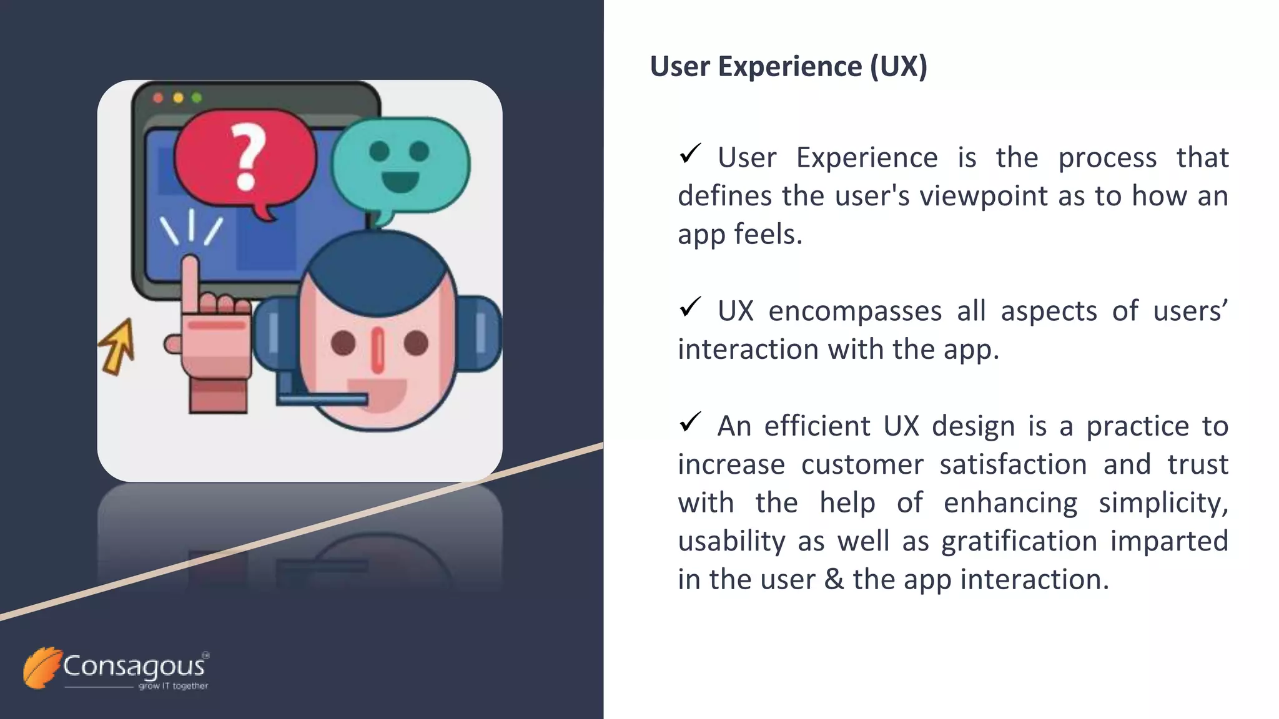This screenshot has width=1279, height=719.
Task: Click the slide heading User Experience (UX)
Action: coord(788,67)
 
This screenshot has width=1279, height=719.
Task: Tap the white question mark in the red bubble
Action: coord(248,156)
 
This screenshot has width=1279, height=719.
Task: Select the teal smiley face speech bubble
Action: coord(400,165)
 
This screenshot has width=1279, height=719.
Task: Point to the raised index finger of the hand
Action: coord(190,281)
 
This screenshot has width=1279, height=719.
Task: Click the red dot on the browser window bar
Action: coord(158,98)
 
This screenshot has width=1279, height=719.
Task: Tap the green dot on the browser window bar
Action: coord(197,98)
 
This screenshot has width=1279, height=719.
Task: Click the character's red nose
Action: coord(378,350)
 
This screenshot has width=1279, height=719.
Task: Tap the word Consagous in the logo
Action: coord(134,667)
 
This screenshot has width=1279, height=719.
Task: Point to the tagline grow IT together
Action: coord(173,686)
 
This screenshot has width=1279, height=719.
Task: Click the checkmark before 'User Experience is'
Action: coord(690,154)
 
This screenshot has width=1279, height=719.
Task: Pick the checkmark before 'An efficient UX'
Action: coord(690,422)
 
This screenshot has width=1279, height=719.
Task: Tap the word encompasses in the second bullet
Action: coord(854,311)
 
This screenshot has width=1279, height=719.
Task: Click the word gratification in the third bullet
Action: coord(1019,542)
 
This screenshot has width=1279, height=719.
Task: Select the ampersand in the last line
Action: coord(834,580)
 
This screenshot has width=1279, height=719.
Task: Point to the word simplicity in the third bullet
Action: coord(1163,504)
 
